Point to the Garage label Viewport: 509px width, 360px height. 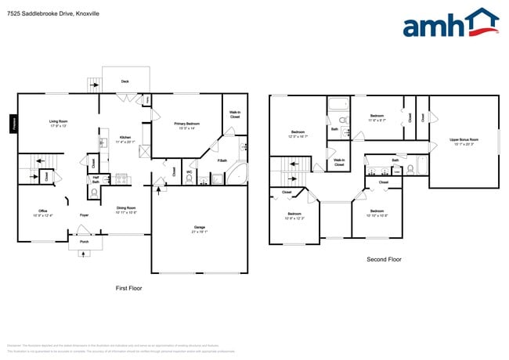point(200,229)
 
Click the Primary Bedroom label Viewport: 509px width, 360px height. point(186,125)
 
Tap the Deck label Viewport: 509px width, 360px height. point(125,81)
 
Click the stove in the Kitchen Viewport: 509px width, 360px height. point(121,178)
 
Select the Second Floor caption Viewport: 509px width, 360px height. point(384,260)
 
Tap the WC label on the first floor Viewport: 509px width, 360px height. point(190,171)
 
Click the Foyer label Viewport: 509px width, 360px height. point(84,214)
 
